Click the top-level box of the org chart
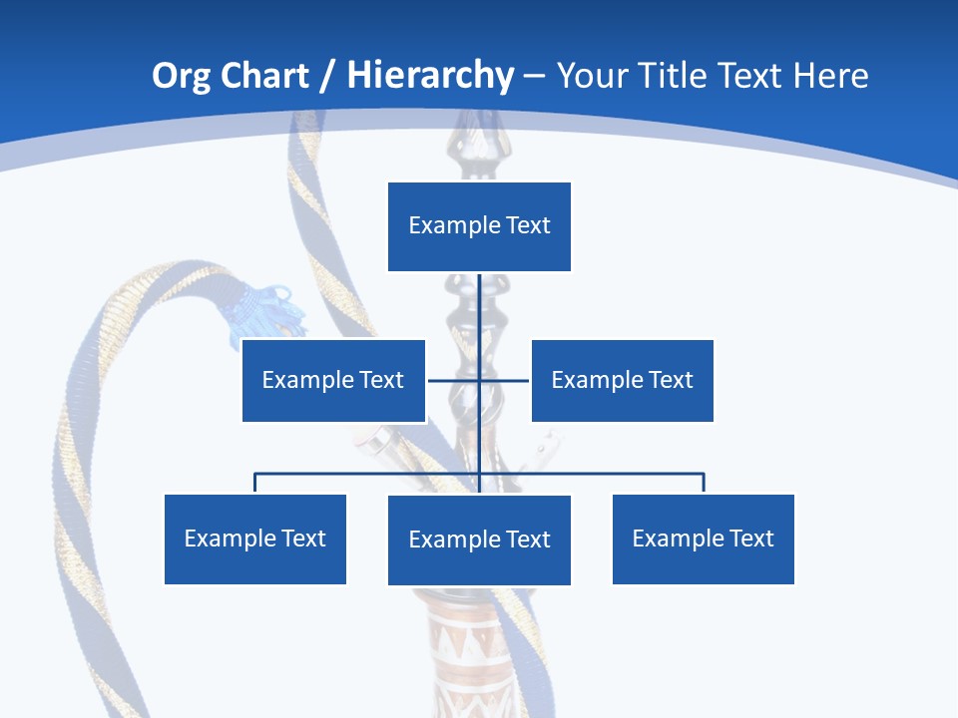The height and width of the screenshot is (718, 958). [x=479, y=226]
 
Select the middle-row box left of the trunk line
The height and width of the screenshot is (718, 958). [x=333, y=380]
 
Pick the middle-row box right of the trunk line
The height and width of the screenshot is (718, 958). [x=622, y=380]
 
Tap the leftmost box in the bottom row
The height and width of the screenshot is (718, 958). [x=255, y=538]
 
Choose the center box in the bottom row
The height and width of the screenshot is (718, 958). [x=479, y=539]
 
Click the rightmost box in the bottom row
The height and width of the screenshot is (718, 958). [x=703, y=538]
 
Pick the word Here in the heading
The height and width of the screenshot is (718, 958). [x=830, y=76]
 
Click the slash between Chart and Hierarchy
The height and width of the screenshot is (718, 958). [x=325, y=76]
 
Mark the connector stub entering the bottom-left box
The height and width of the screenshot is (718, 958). [x=255, y=483]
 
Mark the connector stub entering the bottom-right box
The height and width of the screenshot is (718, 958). [x=704, y=483]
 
